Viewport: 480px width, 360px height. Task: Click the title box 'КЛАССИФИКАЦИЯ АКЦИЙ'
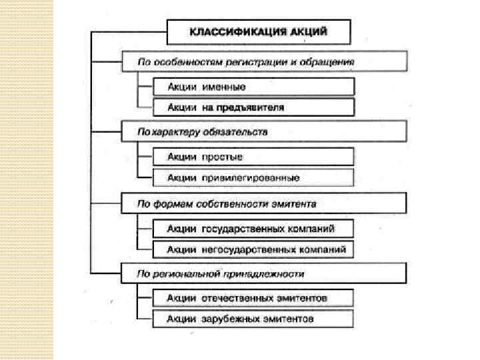[x=259, y=31]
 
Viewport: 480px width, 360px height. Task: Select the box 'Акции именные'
[x=253, y=87]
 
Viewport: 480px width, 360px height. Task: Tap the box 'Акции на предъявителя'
[x=253, y=107]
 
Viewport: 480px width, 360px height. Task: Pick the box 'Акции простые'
[x=253, y=157]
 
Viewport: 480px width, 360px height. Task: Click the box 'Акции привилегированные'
[x=253, y=178]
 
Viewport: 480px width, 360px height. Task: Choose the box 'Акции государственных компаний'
[x=253, y=229]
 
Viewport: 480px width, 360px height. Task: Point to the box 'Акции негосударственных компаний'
[x=253, y=250]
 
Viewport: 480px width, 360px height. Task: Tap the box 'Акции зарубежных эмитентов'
[x=253, y=319]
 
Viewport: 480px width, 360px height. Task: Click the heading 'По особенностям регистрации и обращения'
[x=263, y=62]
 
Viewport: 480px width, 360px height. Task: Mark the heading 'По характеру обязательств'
[x=263, y=132]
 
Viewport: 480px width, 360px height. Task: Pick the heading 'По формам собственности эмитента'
[x=263, y=203]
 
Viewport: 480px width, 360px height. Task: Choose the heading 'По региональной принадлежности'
[x=263, y=273]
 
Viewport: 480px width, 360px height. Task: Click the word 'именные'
[x=224, y=87]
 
